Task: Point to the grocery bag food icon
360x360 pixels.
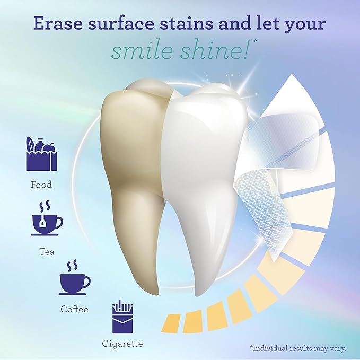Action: tap(41, 154)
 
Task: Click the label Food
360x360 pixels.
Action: tap(41, 185)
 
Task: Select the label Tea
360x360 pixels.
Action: tap(47, 252)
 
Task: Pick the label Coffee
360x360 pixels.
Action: tap(74, 309)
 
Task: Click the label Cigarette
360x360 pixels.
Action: tap(122, 344)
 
